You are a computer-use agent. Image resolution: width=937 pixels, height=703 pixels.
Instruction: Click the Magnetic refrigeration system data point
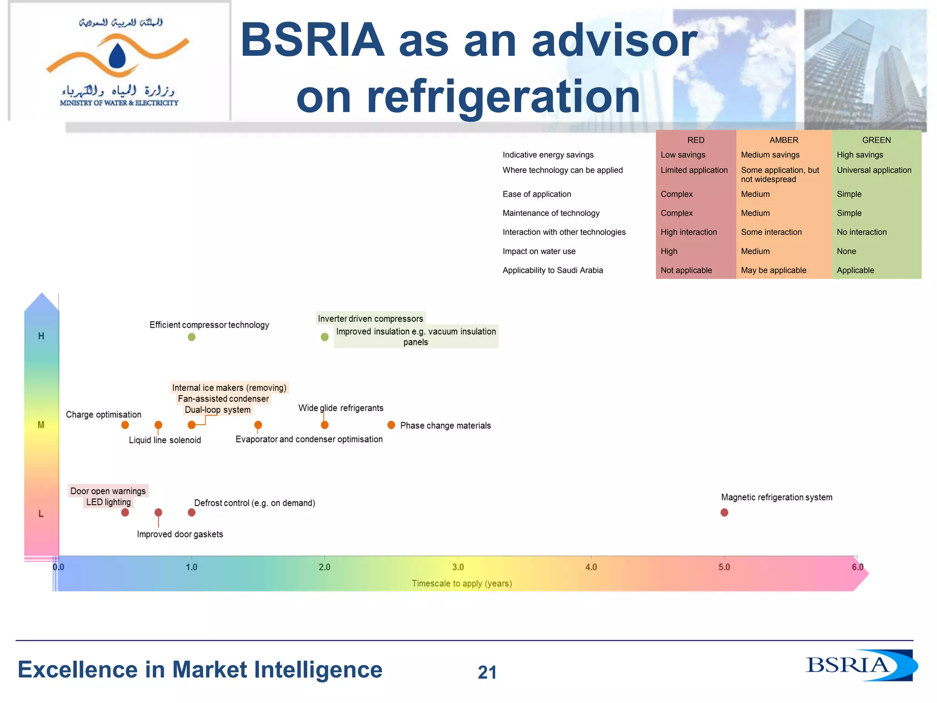724,512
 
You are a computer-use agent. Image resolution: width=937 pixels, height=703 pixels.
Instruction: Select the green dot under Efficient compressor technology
192,337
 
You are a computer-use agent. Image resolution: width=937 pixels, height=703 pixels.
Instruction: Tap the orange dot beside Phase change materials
391,425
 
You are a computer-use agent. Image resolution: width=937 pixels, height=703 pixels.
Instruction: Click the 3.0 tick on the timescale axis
458,567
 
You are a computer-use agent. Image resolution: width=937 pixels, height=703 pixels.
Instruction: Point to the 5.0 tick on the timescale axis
724,567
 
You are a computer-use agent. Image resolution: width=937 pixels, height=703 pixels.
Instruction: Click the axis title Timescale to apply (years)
462,584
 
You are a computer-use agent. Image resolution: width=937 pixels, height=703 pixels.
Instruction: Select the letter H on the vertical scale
41,336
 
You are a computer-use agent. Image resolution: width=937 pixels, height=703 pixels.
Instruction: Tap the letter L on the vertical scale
41,514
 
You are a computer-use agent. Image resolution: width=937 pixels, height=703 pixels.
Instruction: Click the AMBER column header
783,140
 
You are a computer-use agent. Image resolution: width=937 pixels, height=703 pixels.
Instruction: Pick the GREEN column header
876,140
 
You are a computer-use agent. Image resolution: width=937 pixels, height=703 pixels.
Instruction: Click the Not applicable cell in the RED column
686,270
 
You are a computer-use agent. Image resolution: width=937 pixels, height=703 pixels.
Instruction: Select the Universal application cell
874,170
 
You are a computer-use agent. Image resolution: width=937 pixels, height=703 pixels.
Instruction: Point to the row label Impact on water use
539,251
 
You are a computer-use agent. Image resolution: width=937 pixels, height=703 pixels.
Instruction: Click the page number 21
487,672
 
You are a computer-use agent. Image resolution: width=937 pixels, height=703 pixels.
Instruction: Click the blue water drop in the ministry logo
118,56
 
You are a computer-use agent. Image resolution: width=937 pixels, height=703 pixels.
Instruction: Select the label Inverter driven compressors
370,319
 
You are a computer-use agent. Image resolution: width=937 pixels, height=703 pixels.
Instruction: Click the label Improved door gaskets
180,534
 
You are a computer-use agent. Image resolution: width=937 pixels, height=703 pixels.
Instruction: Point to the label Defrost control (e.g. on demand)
254,503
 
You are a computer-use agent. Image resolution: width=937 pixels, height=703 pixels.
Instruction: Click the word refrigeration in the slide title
468,97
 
